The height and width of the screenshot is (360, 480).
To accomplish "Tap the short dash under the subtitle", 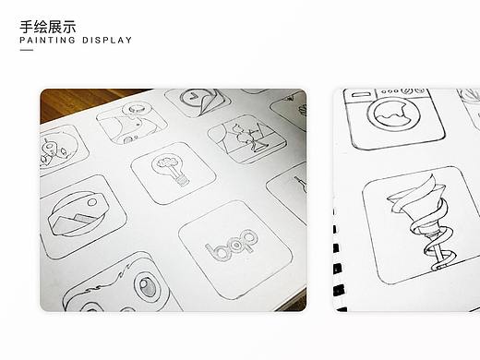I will (x=26, y=51).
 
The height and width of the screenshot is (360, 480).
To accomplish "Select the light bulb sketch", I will (x=173, y=170).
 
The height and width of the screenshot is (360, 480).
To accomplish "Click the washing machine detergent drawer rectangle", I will (x=363, y=95).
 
